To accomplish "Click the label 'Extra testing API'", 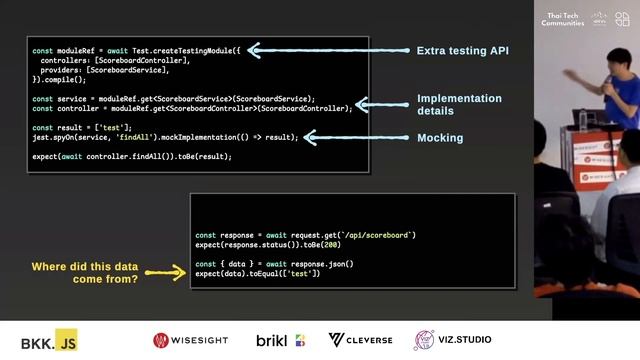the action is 457,49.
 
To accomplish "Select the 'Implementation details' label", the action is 459,105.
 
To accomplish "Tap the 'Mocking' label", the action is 439,137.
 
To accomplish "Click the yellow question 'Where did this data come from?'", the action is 85,272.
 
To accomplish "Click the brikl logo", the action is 280,340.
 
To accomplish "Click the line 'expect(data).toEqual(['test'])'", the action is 257,273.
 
